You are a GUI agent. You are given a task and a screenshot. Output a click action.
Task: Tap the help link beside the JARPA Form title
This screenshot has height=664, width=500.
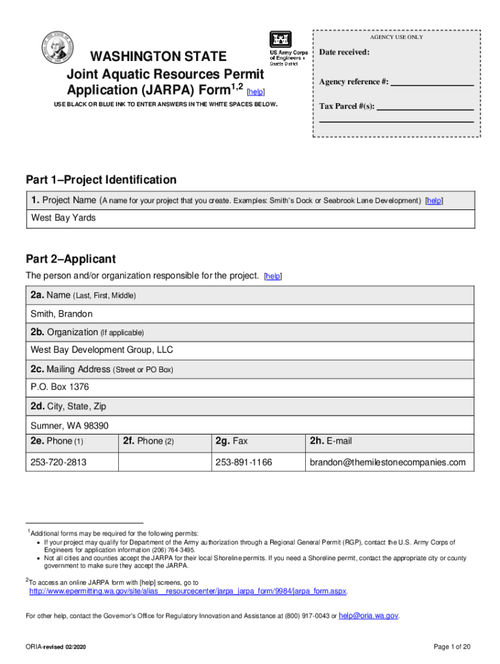(x=256, y=93)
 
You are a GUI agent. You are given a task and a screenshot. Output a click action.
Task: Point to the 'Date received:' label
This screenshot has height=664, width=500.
(x=344, y=52)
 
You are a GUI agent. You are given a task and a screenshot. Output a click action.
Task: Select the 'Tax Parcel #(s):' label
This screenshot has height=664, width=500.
(x=347, y=106)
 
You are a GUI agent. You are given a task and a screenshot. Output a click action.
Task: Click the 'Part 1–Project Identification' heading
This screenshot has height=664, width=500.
(x=101, y=180)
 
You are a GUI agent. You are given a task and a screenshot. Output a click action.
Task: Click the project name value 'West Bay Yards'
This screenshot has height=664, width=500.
(x=64, y=218)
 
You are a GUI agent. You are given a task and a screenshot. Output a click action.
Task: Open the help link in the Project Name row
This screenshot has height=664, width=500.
(x=434, y=201)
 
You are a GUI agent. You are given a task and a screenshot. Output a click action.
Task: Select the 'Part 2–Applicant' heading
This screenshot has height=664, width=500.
(x=70, y=259)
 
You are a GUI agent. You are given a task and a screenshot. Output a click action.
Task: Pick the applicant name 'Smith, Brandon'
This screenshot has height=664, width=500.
(x=62, y=314)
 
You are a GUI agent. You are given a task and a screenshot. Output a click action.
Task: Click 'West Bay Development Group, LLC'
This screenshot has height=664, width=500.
(x=102, y=350)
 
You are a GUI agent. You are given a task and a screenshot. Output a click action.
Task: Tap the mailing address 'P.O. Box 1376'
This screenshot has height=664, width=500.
(x=60, y=387)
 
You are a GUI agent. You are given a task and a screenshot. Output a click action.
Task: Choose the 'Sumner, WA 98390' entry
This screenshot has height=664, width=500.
(x=69, y=426)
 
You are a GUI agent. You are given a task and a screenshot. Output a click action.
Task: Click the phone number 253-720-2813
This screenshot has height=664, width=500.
(x=58, y=462)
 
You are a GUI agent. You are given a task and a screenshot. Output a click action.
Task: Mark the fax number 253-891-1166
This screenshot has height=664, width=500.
(x=244, y=462)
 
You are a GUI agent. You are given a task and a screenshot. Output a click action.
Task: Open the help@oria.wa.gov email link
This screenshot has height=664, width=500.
(x=369, y=615)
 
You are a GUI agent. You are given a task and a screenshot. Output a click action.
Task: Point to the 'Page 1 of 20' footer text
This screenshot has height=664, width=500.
(x=451, y=647)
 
